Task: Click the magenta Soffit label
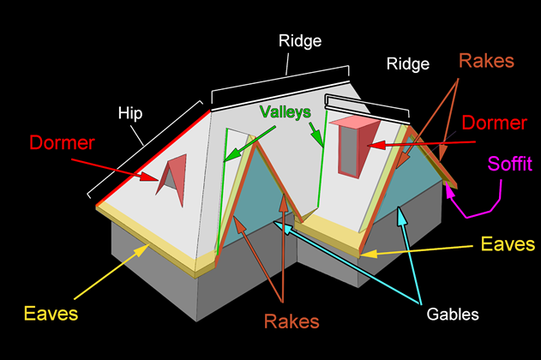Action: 512,162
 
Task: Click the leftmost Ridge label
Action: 299,39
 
